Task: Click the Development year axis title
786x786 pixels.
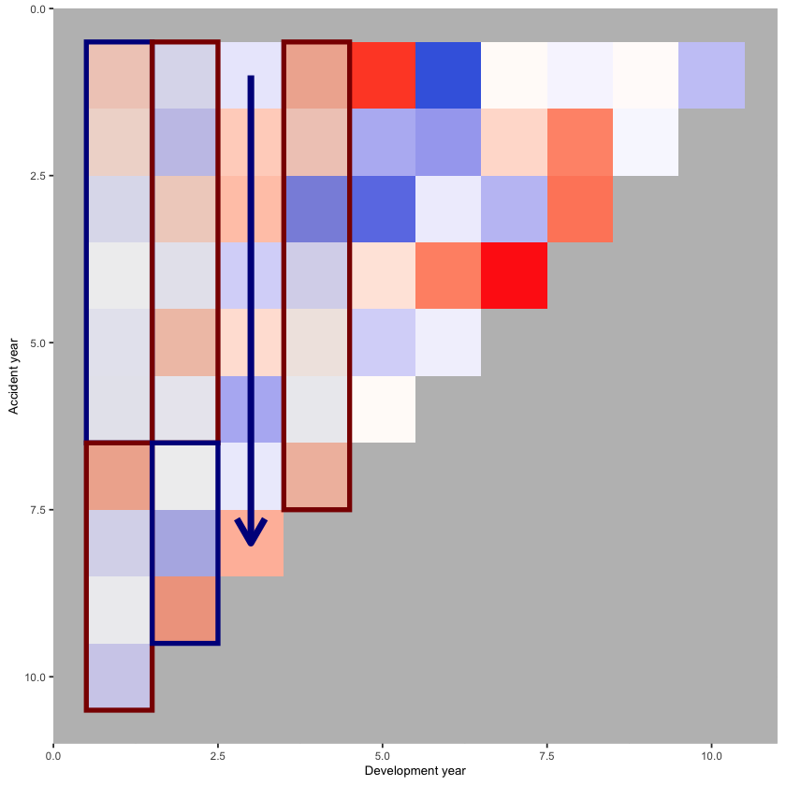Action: point(415,770)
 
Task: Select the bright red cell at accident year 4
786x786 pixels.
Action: point(514,276)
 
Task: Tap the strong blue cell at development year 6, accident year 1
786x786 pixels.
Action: point(448,75)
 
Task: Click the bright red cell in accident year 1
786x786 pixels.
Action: point(383,75)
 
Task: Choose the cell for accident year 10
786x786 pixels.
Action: point(119,677)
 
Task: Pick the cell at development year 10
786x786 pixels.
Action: point(711,75)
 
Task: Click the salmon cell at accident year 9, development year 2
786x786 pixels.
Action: point(184,610)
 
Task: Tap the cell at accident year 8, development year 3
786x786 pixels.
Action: point(251,544)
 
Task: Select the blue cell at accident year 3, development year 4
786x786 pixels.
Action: point(316,209)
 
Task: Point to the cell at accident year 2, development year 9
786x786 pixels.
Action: point(646,142)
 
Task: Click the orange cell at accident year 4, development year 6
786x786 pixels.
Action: point(448,276)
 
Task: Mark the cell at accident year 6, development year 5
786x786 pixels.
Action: point(383,409)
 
